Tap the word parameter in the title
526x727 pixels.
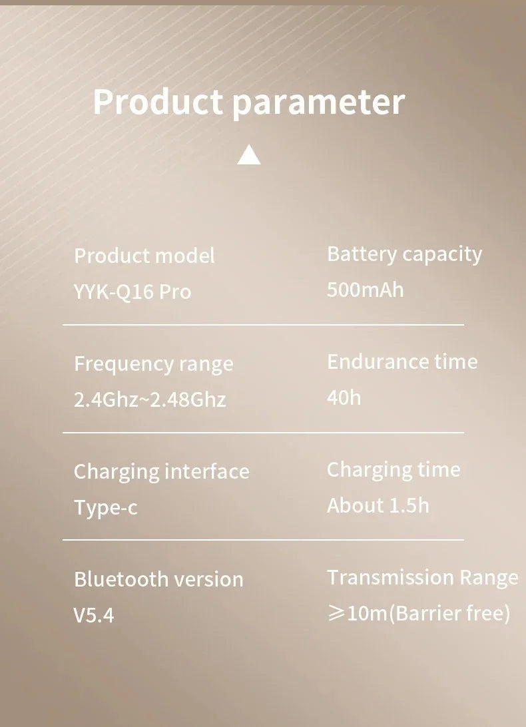pos(319,104)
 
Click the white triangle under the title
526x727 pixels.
pos(248,154)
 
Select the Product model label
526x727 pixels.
pos(144,256)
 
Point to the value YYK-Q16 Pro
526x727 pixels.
pos(132,292)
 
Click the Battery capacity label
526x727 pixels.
pos(404,254)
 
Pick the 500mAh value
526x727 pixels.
pos(366,290)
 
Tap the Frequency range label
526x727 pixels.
pos(154,364)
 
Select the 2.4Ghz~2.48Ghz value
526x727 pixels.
pos(150,399)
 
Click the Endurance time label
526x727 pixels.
pos(402,362)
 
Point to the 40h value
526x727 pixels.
pos(344,397)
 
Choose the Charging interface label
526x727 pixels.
pos(161,472)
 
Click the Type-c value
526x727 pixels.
pos(106,508)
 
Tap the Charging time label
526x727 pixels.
pos(394,470)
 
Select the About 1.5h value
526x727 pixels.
pos(378,505)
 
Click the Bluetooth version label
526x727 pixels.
pos(158,580)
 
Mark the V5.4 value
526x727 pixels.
pos(94,615)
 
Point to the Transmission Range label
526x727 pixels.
pos(423,578)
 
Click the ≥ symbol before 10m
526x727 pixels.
pos(336,613)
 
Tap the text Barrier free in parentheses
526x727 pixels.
pos(449,613)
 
